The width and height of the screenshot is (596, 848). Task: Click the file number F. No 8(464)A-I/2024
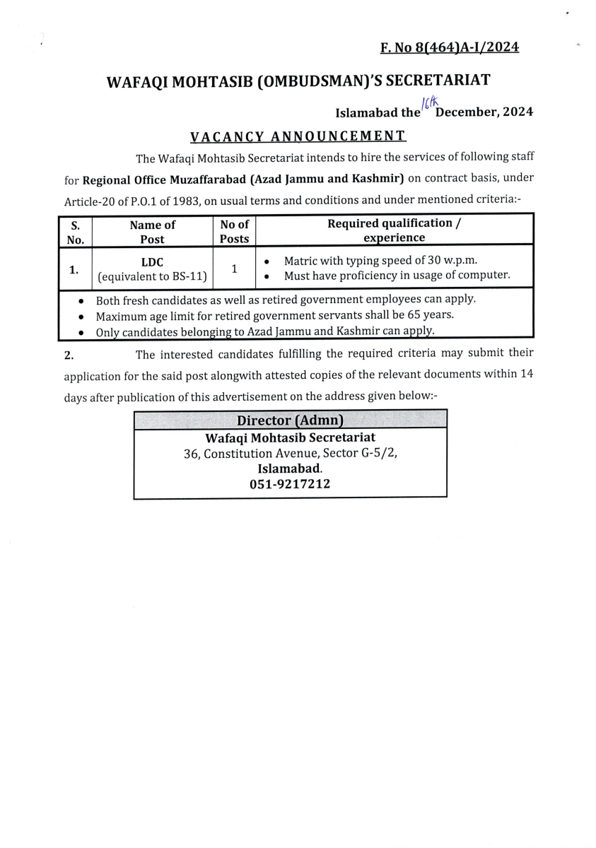point(450,47)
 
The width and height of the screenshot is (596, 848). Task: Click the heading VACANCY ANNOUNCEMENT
point(298,136)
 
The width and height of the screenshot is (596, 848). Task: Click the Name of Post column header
point(152,232)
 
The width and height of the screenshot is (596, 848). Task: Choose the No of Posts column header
point(234,232)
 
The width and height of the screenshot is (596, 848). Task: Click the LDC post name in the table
point(152,262)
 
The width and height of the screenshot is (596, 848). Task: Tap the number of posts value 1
point(234,269)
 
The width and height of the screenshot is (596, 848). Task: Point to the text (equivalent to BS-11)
point(152,276)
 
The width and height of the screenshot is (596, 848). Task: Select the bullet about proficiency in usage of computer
point(396,275)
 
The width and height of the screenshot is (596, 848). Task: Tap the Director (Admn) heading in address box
point(290,420)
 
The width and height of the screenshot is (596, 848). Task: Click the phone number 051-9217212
point(290,484)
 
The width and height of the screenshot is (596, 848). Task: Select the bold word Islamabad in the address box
point(289,469)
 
